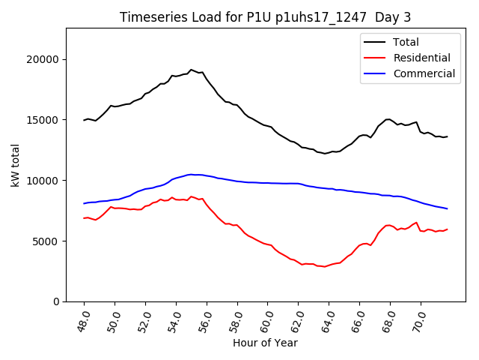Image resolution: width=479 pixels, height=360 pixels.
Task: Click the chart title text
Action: pyautogui.click(x=265, y=17)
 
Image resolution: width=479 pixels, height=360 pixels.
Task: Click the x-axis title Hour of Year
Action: pyautogui.click(x=265, y=343)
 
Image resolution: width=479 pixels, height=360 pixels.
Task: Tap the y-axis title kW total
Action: pyautogui.click(x=16, y=164)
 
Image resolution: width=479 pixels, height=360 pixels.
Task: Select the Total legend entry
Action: pyautogui.click(x=406, y=42)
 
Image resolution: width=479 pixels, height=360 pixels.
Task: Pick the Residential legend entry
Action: pyautogui.click(x=421, y=58)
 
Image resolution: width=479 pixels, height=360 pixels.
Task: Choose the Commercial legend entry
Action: pyautogui.click(x=424, y=73)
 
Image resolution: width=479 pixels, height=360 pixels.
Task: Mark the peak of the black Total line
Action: pyautogui.click(x=191, y=70)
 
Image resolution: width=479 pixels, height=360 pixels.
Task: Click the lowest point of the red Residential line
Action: pyautogui.click(x=325, y=267)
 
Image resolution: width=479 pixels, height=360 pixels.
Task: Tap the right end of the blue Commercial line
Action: pyautogui.click(x=447, y=208)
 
